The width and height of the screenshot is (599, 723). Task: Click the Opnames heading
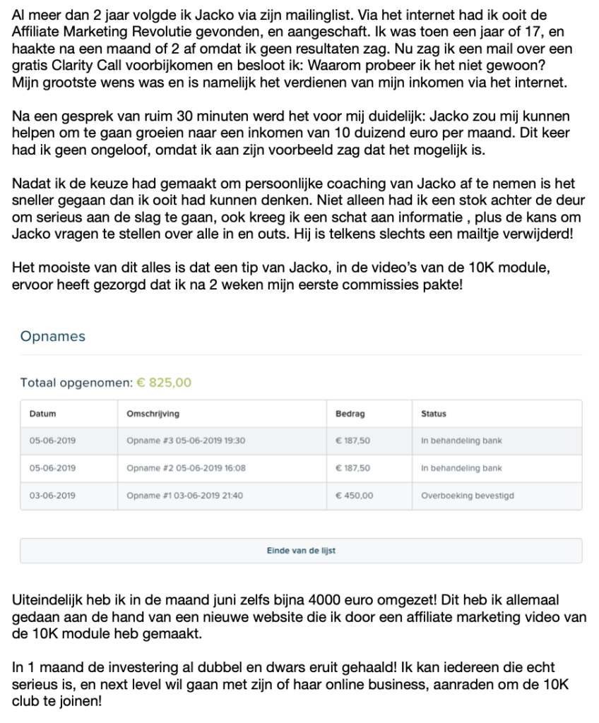(x=53, y=337)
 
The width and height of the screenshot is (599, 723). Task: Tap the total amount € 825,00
(x=163, y=383)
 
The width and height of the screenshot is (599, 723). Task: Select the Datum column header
(x=42, y=414)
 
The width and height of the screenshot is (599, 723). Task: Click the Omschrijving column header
(x=152, y=414)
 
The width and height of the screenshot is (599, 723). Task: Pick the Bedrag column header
(x=350, y=414)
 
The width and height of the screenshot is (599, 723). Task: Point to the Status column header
(x=433, y=414)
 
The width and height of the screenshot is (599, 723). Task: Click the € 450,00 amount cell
(x=352, y=496)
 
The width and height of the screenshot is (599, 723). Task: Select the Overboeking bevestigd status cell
(x=467, y=496)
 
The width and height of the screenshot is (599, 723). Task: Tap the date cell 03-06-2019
(x=52, y=496)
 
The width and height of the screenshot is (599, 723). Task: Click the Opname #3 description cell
(x=185, y=441)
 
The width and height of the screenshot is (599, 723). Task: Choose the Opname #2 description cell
(x=186, y=468)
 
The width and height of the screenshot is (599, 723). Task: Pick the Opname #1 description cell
(x=184, y=496)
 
